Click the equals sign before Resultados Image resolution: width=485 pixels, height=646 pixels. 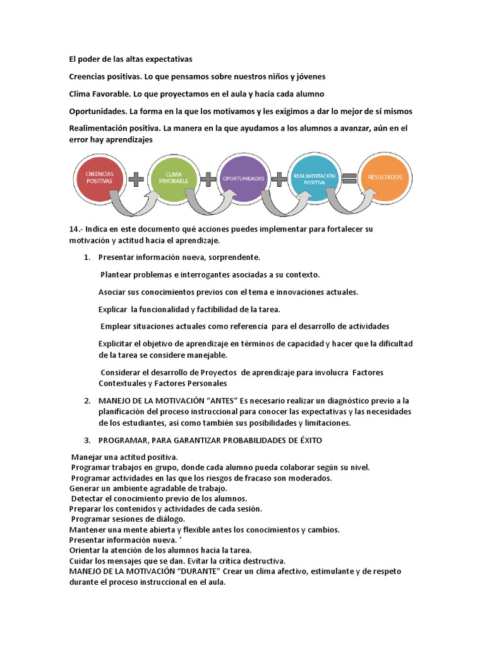[x=349, y=179]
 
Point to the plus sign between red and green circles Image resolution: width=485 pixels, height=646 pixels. [x=136, y=179]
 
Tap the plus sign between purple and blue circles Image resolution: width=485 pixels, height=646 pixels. [x=278, y=179]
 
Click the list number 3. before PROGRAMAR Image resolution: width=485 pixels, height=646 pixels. [x=87, y=439]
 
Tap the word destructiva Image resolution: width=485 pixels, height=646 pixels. [x=262, y=561]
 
